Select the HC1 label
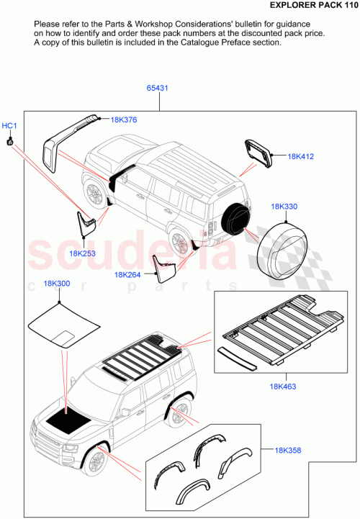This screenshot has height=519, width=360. pyautogui.click(x=9, y=127)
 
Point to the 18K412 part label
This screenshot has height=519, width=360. pyautogui.click(x=302, y=155)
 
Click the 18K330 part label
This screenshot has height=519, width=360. pyautogui.click(x=284, y=207)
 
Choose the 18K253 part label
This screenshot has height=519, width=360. pyautogui.click(x=82, y=253)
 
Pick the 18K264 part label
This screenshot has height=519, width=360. pyautogui.click(x=127, y=274)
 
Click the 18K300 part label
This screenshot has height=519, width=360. pyautogui.click(x=57, y=284)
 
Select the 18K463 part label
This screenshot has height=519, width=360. pyautogui.click(x=283, y=387)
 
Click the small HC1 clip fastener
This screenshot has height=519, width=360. pyautogui.click(x=9, y=141)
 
